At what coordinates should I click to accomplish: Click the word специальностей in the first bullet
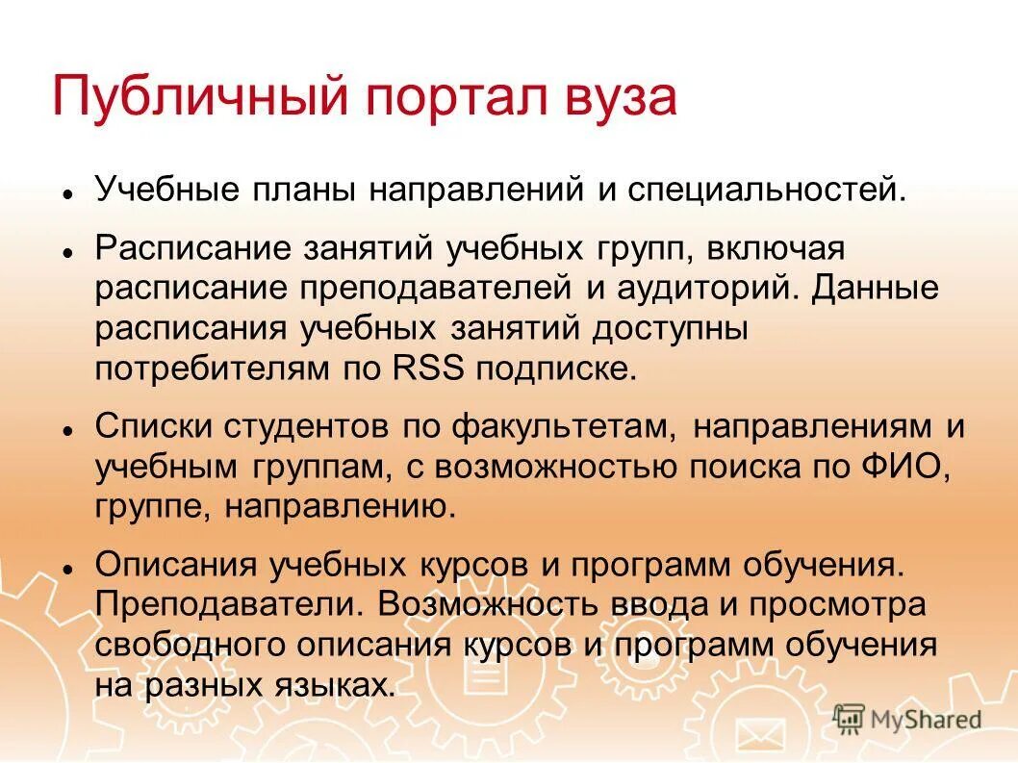pos(767,189)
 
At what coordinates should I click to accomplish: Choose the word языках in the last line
pos(332,685)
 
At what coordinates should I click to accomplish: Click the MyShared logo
pos(906,719)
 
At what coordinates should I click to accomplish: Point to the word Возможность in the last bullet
pos(488,604)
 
